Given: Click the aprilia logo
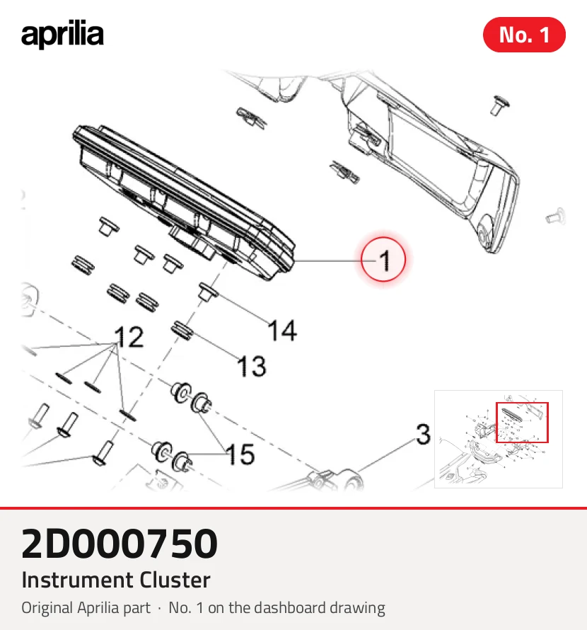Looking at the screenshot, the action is pyautogui.click(x=62, y=35).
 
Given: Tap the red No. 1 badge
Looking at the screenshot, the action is pyautogui.click(x=524, y=35).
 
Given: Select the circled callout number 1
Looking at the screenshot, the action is pyautogui.click(x=383, y=260).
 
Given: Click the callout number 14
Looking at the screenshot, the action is pyautogui.click(x=283, y=331).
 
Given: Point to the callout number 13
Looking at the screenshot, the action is pyautogui.click(x=252, y=367).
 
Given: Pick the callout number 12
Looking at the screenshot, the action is pyautogui.click(x=129, y=337).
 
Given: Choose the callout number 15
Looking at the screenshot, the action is pyautogui.click(x=240, y=454).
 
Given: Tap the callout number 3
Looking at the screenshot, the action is pyautogui.click(x=423, y=435).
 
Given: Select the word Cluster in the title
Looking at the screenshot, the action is pyautogui.click(x=175, y=580).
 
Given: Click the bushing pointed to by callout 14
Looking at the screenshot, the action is pyautogui.click(x=209, y=290).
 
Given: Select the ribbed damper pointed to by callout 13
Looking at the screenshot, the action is pyautogui.click(x=182, y=330).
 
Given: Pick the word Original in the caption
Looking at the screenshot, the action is pyautogui.click(x=47, y=608).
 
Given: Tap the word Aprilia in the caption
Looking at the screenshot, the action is pyautogui.click(x=98, y=608).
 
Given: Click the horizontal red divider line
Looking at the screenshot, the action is pyautogui.click(x=293, y=508).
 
